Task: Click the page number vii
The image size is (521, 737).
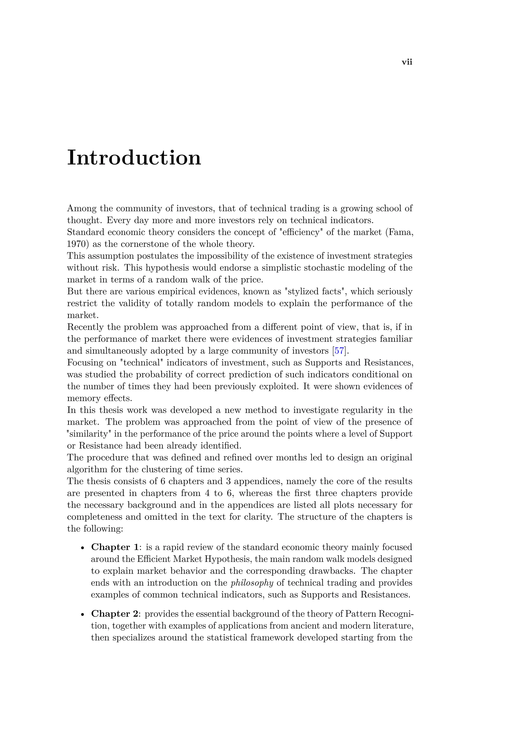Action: (407, 62)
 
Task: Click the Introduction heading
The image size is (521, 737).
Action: (134, 158)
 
